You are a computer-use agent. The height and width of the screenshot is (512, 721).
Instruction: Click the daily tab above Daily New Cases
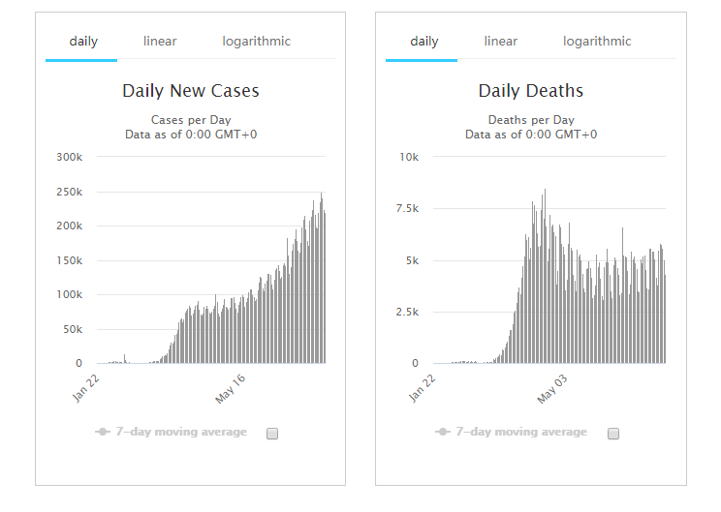[83, 42]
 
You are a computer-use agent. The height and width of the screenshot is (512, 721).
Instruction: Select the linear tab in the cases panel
[160, 42]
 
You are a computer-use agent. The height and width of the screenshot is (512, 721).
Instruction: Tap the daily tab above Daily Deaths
[424, 42]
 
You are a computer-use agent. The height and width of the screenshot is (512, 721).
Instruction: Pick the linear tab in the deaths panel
[501, 42]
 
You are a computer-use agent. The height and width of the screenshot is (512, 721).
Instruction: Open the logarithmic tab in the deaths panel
[597, 42]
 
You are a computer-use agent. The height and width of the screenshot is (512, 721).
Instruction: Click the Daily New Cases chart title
[191, 91]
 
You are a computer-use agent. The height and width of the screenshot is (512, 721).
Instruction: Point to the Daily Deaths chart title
[531, 91]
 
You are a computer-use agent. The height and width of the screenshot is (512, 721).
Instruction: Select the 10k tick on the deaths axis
[409, 157]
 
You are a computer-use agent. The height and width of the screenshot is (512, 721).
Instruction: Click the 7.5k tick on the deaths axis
[405, 208]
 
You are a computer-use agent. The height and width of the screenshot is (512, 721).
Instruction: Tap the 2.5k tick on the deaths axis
[405, 312]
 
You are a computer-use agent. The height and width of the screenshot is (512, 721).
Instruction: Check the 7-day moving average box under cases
[272, 433]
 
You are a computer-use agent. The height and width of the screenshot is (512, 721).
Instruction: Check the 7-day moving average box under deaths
[613, 433]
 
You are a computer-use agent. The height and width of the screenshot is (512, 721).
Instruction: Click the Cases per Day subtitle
[191, 120]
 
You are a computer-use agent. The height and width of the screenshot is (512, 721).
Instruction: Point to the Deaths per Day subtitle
[531, 120]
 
